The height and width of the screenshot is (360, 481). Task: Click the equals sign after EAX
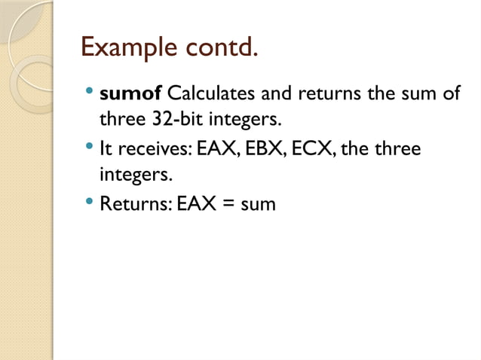(226, 204)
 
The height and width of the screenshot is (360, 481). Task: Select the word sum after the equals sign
(258, 205)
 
